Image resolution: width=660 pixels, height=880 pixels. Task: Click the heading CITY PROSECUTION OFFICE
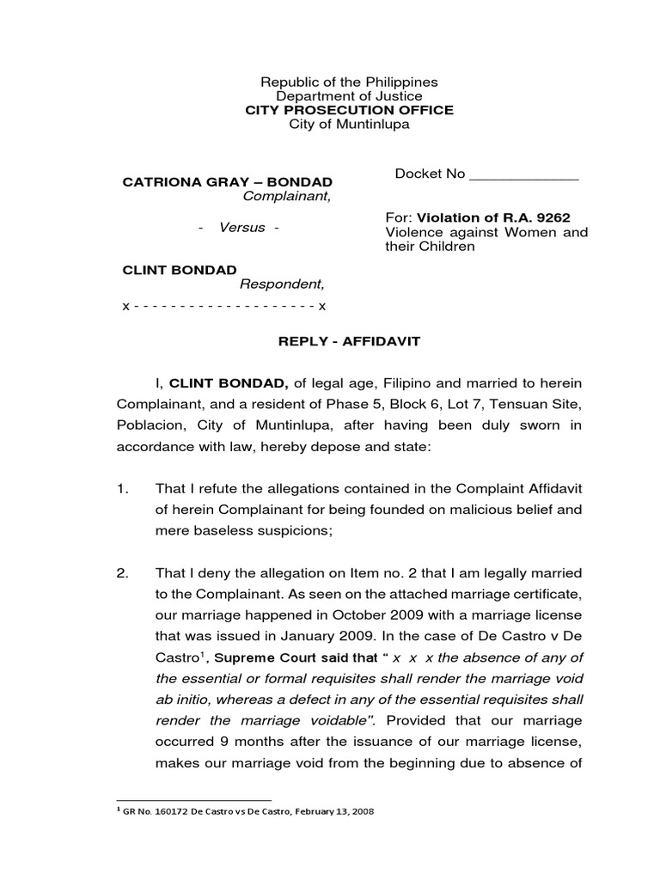click(x=349, y=110)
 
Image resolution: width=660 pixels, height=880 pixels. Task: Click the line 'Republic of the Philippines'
click(x=349, y=82)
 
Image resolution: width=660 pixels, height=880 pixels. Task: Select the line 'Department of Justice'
click(x=349, y=96)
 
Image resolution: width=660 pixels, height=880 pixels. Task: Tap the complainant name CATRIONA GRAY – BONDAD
click(x=228, y=183)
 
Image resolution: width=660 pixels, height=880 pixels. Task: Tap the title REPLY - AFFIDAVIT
click(x=349, y=341)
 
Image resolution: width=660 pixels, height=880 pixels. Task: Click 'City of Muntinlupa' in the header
click(x=349, y=125)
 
